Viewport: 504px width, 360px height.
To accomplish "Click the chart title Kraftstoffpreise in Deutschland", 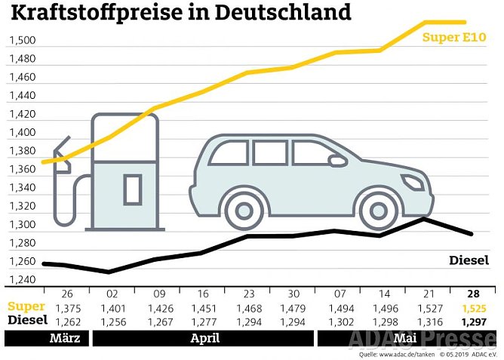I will [x=180, y=14].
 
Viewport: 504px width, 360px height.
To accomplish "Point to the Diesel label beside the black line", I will [x=469, y=260].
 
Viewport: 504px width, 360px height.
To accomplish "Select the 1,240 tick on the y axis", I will [x=21, y=280].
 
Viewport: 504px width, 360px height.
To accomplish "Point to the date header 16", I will [x=204, y=294].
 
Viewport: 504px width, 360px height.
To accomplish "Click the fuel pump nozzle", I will [x=61, y=155].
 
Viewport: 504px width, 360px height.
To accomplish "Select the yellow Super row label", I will [x=27, y=308].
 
